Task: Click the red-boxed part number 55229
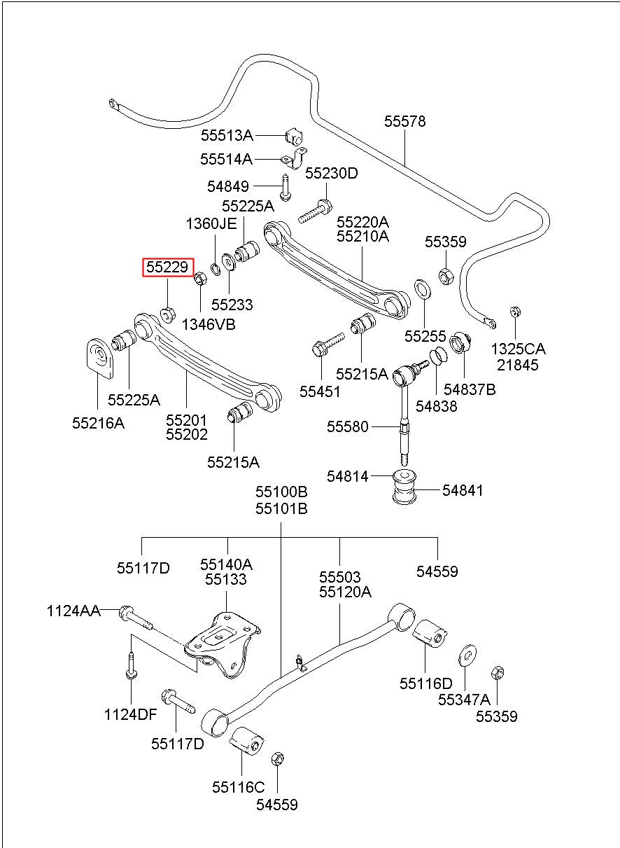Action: pos(167,267)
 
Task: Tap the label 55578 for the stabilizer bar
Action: pos(404,122)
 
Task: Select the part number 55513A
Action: pos(227,135)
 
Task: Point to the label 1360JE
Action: pos(211,224)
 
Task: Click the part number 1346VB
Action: pos(209,324)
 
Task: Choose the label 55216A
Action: pos(99,423)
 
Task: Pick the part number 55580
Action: pos(347,426)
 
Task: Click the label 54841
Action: pos(463,491)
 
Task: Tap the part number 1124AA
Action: pos(73,611)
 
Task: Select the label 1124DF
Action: pos(130,715)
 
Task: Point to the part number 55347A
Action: pos(464,700)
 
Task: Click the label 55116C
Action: pos(238,787)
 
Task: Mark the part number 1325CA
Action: pos(519,349)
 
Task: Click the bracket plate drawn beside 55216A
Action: pos(100,358)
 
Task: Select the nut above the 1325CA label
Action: pos(514,312)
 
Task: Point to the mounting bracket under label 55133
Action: pos(223,645)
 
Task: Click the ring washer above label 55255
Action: pos(423,289)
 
